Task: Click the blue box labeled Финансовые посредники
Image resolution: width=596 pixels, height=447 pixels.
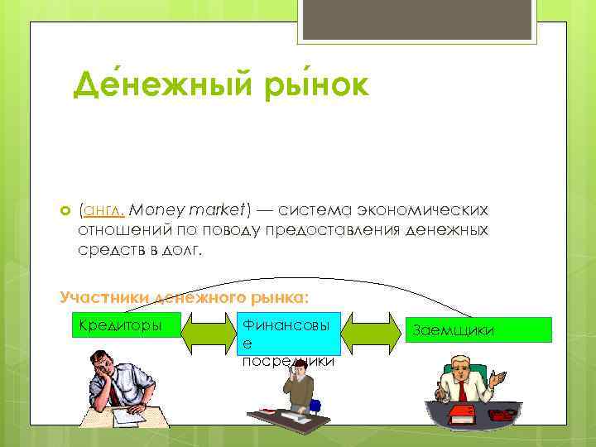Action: (288, 338)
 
